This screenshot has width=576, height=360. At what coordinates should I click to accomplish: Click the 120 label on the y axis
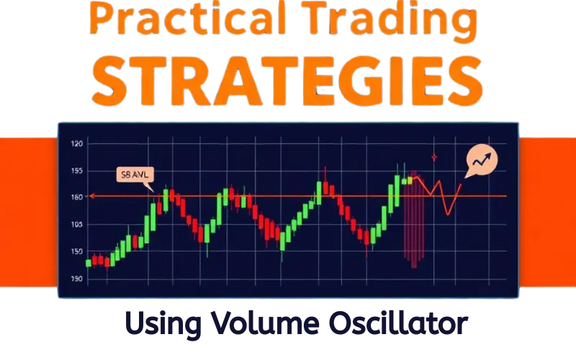coord(78,144)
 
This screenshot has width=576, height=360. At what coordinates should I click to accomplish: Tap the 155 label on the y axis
coord(78,171)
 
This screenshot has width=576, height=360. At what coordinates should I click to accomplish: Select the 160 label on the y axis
coord(78,197)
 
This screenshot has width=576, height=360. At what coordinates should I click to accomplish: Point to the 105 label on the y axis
coord(78,225)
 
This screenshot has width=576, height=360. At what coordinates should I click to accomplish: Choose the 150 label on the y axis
coord(78,251)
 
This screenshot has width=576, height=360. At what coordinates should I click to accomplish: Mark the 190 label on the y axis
coord(78,279)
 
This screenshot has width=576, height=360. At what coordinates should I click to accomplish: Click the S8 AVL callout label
coord(133,175)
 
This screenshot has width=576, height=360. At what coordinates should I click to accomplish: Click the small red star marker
coord(434,157)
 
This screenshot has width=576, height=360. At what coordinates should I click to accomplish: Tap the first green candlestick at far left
coord(89,263)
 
